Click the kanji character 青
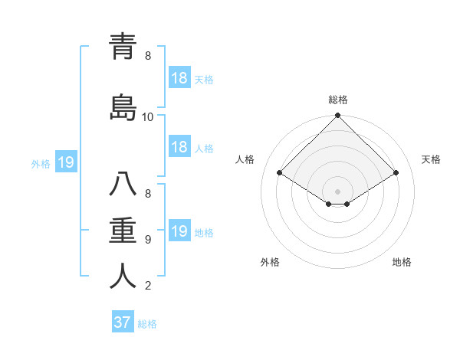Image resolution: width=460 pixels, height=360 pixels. (123, 47)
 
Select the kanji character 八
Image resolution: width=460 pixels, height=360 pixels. (123, 185)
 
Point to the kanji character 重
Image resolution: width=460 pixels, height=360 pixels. (123, 229)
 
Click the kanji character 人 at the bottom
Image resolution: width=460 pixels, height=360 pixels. (123, 276)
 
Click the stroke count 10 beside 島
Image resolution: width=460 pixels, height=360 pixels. (148, 117)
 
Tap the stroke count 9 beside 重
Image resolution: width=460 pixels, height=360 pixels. (148, 240)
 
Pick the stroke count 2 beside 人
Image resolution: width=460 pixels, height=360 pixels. (148, 286)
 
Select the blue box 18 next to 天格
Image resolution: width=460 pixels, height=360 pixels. (179, 78)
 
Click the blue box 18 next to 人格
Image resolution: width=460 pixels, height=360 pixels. (179, 147)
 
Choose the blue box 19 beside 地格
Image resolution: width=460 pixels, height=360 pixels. (179, 231)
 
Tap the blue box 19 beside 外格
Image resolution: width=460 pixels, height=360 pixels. (65, 162)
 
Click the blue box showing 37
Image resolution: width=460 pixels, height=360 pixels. (123, 322)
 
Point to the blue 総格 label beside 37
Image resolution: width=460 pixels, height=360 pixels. (147, 324)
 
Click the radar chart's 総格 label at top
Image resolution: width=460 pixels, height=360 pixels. (338, 100)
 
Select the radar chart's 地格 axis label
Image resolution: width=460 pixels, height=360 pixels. (402, 262)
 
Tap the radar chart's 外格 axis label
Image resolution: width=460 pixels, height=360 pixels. (270, 262)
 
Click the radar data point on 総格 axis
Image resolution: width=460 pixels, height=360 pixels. (338, 116)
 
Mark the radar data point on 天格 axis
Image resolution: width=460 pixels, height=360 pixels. (396, 173)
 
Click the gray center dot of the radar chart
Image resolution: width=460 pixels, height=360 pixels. (337, 191)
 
